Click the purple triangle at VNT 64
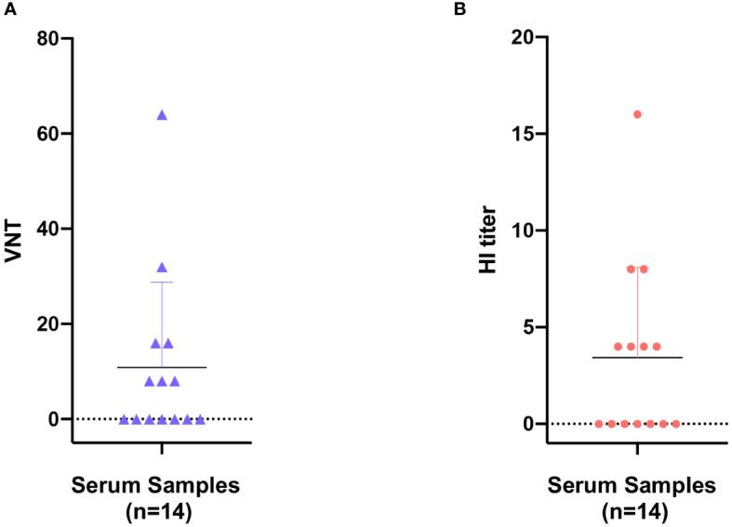(x=162, y=115)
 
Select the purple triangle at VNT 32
(x=162, y=268)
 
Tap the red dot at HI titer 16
(x=637, y=114)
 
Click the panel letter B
(x=485, y=9)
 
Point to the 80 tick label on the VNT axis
(x=47, y=38)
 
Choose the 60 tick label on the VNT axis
(x=47, y=134)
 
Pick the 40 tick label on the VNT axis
(x=47, y=229)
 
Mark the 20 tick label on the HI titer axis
(x=524, y=38)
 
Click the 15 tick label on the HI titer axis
(x=524, y=134)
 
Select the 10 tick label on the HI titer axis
(x=524, y=231)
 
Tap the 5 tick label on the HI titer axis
(x=528, y=327)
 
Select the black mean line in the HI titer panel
(x=605, y=357)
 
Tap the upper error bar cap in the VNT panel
(x=162, y=282)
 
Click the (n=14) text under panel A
(x=162, y=509)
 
